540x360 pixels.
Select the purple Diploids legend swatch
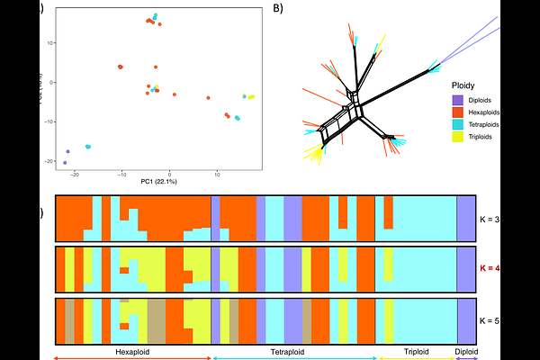point(458,100)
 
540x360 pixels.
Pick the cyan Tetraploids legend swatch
point(458,124)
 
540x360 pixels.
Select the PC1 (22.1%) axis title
point(158,183)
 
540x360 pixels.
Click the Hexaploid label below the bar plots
point(133,351)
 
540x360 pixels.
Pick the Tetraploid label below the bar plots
point(293,351)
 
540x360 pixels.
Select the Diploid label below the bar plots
point(467,351)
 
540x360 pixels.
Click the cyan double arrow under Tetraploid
point(293,358)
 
